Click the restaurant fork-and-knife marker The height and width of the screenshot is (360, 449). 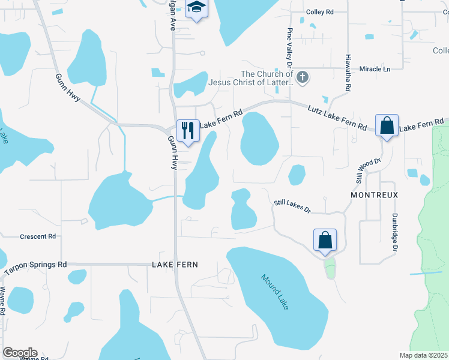coord(188,129)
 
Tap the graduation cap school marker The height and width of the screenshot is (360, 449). coord(196,8)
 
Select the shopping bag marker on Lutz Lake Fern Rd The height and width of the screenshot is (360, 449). coord(387,125)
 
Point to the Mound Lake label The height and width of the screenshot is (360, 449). coord(275,292)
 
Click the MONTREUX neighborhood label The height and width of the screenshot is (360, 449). coord(375,196)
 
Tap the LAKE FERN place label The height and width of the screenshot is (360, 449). coord(175,265)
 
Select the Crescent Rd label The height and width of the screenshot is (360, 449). coord(37,236)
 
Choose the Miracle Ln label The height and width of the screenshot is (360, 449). coord(375,69)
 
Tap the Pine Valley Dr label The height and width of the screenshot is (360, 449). coord(289,47)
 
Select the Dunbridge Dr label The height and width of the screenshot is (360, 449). coord(395,230)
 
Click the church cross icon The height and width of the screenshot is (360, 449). coord(303,77)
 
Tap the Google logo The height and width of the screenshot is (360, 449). coord(20,353)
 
